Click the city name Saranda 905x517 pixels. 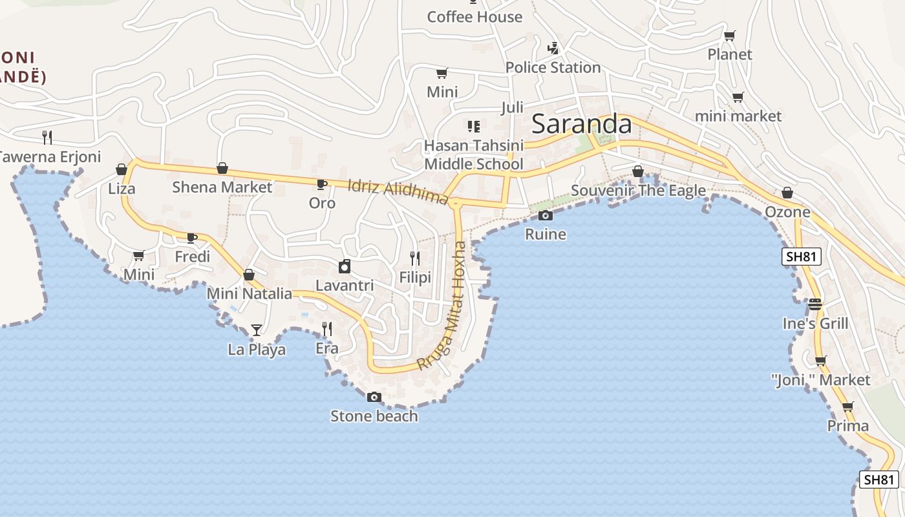pyautogui.click(x=581, y=124)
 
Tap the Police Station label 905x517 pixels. pyautogui.click(x=553, y=67)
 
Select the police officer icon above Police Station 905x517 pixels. pyautogui.click(x=553, y=48)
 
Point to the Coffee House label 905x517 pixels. pyautogui.click(x=474, y=17)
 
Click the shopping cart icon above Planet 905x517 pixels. pyautogui.click(x=730, y=36)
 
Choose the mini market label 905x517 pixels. pyautogui.click(x=738, y=116)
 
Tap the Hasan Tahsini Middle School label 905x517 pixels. pyautogui.click(x=474, y=154)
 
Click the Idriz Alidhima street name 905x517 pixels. pyautogui.click(x=398, y=192)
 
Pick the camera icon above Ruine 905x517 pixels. pyautogui.click(x=546, y=215)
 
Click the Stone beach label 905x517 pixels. pyautogui.click(x=374, y=416)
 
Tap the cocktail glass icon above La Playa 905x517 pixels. pyautogui.click(x=257, y=330)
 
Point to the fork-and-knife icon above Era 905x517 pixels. pyautogui.click(x=327, y=329)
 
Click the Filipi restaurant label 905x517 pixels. pyautogui.click(x=415, y=278)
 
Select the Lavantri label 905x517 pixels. pyautogui.click(x=345, y=285)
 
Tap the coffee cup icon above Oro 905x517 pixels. pyautogui.click(x=322, y=185)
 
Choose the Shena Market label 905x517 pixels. pyautogui.click(x=222, y=187)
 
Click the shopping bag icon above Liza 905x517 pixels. pyautogui.click(x=122, y=169)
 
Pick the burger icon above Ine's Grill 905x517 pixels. pyautogui.click(x=815, y=304)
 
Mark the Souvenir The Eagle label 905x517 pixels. pyautogui.click(x=638, y=191)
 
